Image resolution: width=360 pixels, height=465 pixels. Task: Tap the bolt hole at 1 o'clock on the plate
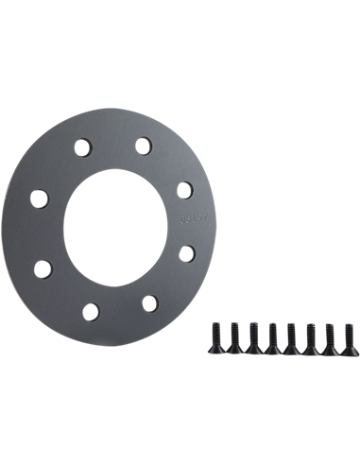click(143, 146)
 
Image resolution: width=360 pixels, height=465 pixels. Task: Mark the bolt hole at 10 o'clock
click(40, 199)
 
